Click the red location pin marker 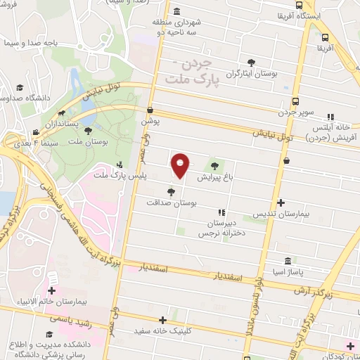pos(181,166)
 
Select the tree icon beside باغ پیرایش pos(214,167)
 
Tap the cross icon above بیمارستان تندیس pos(281,202)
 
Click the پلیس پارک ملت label pos(112,176)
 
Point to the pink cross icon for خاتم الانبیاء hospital pos(51,290)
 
